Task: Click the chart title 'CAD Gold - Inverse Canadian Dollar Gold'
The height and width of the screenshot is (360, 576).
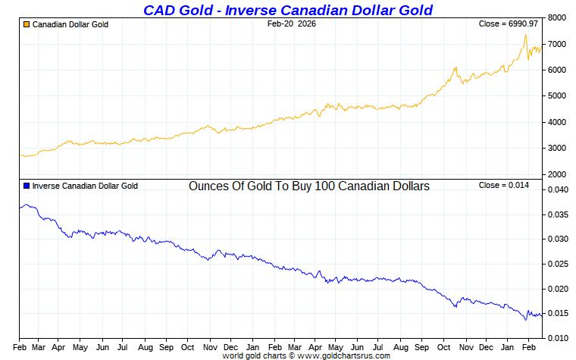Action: pos(288,10)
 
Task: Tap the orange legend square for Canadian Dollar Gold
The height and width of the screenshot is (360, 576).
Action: pos(27,24)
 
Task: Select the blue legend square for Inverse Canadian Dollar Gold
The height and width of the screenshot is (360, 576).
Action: pos(27,186)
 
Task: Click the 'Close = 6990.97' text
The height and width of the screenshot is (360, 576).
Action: pos(509,24)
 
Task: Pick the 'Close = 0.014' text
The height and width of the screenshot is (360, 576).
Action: pos(509,186)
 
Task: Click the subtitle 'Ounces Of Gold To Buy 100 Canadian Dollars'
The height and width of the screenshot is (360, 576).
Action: pos(309,186)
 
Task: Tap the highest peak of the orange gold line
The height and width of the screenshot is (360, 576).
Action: pos(524,35)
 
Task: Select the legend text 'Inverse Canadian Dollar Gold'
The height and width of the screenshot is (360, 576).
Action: pos(85,186)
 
